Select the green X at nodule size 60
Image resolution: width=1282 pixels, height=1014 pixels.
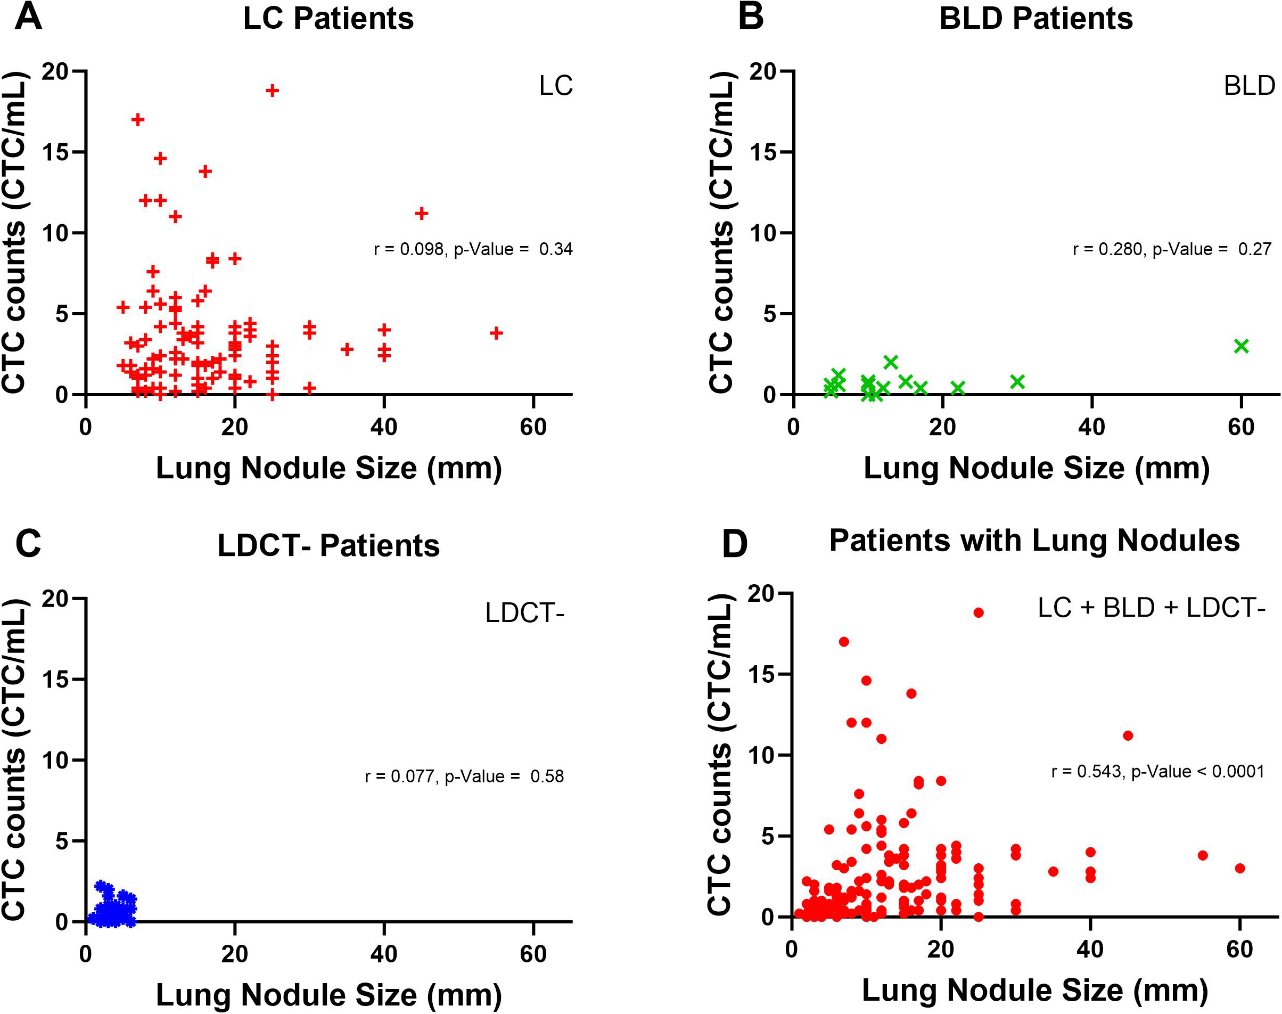tap(1241, 346)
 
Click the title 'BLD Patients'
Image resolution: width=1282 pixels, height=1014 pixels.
tap(1036, 19)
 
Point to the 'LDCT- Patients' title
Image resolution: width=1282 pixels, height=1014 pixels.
tap(328, 545)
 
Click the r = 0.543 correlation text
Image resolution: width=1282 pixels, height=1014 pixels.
tap(1157, 771)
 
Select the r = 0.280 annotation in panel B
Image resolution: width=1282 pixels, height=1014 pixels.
tap(1172, 249)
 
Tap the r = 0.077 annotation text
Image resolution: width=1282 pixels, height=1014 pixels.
tap(464, 776)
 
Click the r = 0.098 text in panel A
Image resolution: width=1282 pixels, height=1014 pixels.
tap(473, 249)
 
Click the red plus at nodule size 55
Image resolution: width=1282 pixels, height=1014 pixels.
tap(496, 333)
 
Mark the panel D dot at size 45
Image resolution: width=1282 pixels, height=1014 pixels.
tap(1128, 735)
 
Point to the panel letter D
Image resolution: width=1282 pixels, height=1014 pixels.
tap(734, 544)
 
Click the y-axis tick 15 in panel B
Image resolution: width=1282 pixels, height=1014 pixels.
tap(763, 152)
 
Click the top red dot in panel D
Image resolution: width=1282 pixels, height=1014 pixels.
tap(979, 612)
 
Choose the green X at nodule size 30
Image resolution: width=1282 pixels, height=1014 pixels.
tap(1017, 382)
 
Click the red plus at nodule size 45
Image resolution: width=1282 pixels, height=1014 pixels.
tap(422, 213)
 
